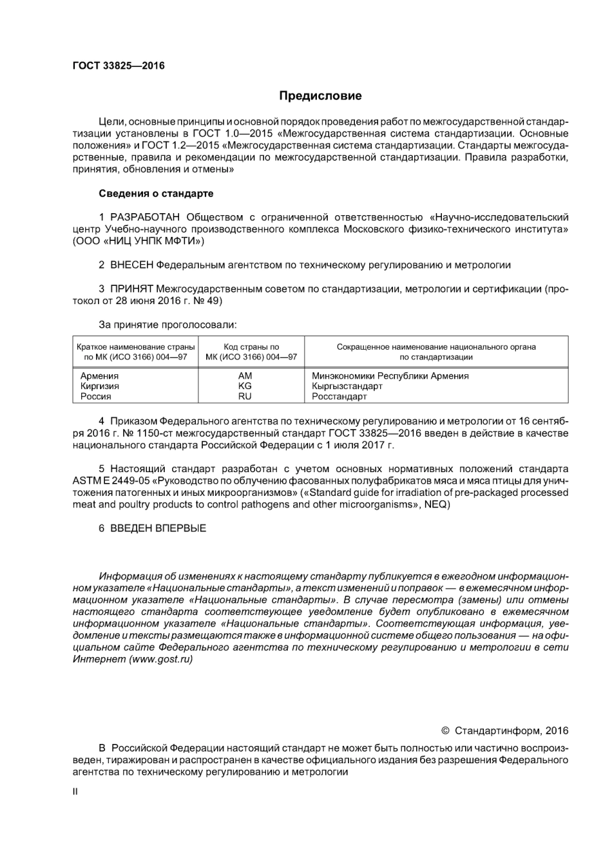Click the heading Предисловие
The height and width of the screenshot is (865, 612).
(320, 96)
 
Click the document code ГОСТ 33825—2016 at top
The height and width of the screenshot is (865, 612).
(119, 66)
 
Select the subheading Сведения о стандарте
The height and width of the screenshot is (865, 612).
(156, 193)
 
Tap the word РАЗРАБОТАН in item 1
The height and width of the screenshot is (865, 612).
(145, 217)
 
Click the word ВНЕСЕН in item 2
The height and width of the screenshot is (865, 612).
(132, 265)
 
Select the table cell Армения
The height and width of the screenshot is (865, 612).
(99, 375)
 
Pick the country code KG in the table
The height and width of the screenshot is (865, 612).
(245, 386)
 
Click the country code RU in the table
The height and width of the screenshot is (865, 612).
(245, 396)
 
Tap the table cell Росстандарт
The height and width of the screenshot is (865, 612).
(339, 396)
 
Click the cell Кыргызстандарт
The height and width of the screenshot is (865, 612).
(347, 386)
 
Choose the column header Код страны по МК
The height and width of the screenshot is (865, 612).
(251, 352)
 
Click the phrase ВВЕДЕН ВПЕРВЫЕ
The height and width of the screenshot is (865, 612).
(158, 528)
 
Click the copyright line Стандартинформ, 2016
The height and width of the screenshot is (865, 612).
(511, 730)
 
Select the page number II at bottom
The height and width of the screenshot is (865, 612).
(75, 792)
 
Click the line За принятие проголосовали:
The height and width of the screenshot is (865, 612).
(167, 325)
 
